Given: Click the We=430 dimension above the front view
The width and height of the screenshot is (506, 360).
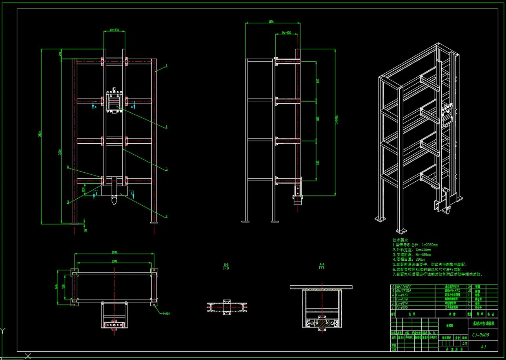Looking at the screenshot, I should click(x=114, y=30).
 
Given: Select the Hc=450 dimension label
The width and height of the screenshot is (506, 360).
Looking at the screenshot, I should click(x=287, y=33).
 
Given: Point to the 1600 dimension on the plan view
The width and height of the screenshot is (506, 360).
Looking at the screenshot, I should click(x=114, y=252).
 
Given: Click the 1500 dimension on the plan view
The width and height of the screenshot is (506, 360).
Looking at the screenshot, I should click(x=114, y=261).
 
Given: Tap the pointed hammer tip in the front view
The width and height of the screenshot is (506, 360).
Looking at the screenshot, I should click(x=114, y=202).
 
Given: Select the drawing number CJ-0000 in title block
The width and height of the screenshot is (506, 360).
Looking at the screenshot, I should click(x=481, y=335).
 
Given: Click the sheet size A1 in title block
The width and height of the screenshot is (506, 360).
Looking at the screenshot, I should click(x=483, y=347).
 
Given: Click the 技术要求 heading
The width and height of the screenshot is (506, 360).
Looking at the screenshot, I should click(x=400, y=239).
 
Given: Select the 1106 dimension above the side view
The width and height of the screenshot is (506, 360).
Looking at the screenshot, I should click(x=271, y=22).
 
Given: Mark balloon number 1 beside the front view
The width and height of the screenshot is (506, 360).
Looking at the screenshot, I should click(x=167, y=65).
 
